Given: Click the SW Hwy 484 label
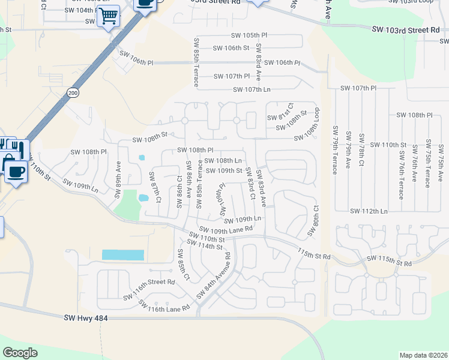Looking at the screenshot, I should [x=85, y=318].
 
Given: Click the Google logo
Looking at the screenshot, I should [x=20, y=353].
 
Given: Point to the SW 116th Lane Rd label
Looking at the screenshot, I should [x=164, y=305].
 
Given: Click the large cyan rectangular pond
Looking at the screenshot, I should [x=123, y=255].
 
